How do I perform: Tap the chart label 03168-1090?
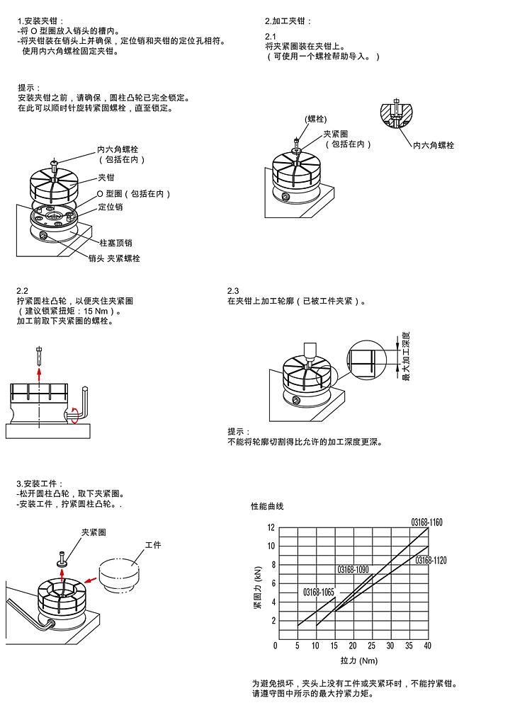[353, 569]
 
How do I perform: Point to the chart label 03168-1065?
[318, 591]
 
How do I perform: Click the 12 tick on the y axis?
[271, 528]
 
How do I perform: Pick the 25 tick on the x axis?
[371, 646]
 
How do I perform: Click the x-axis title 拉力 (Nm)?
[359, 660]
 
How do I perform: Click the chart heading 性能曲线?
[267, 506]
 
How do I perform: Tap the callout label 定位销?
[110, 207]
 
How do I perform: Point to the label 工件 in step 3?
[153, 545]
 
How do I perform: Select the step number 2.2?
[23, 291]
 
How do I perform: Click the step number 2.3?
[233, 291]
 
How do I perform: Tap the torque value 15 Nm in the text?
[98, 311]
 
